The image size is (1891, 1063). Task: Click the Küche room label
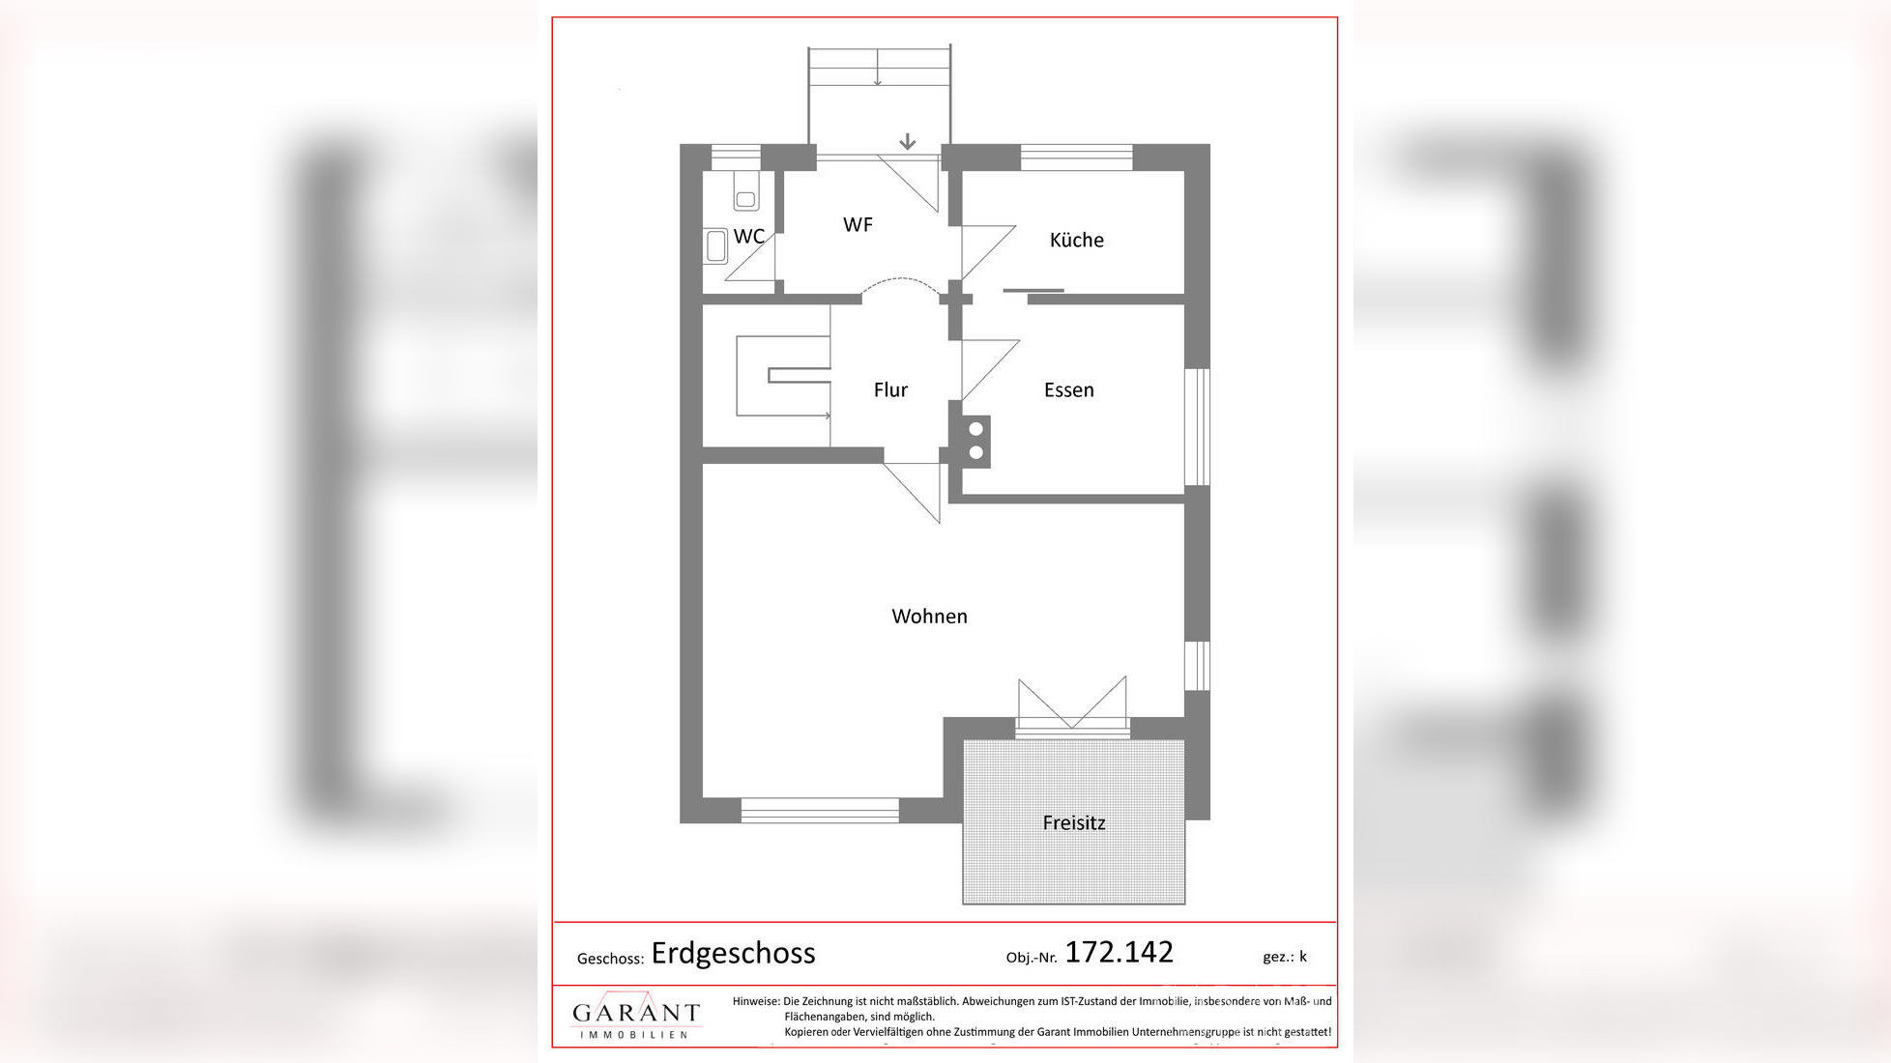(1076, 240)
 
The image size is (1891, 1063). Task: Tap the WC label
(748, 237)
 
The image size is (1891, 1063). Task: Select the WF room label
(858, 224)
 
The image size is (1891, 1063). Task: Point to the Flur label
(890, 389)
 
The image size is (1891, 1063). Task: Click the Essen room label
(1068, 389)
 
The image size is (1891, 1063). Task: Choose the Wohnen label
(929, 616)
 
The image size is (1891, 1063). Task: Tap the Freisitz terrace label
(1073, 822)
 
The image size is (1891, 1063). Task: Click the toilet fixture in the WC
(745, 191)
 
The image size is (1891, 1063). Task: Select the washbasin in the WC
(715, 246)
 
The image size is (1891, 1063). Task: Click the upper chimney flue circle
(975, 429)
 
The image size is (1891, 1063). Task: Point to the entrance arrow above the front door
(907, 141)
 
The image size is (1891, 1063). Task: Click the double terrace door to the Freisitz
(1072, 704)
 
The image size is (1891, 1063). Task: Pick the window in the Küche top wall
(1076, 157)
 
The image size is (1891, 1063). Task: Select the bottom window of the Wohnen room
(820, 810)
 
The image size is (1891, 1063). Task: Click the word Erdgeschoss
(733, 953)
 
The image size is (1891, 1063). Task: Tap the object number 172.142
(1119, 952)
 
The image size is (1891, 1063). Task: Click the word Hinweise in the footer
(755, 1001)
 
